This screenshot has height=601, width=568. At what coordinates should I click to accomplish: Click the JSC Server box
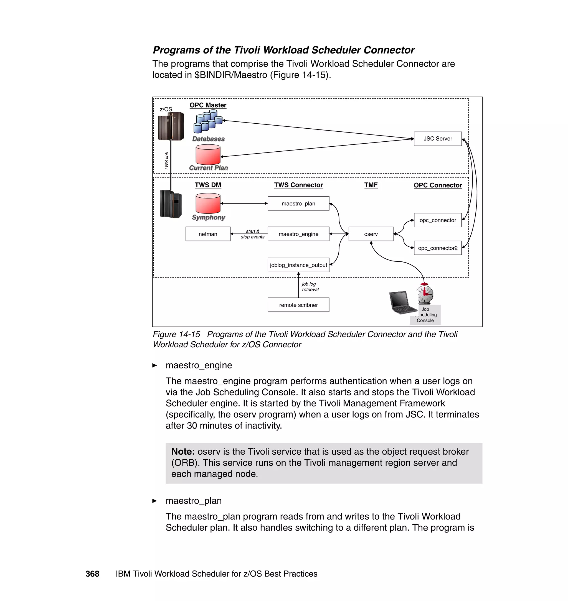click(437, 139)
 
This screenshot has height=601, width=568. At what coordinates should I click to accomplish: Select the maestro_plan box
click(298, 203)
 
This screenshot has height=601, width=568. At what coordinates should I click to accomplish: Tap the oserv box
click(371, 234)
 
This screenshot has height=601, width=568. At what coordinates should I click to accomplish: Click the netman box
click(208, 234)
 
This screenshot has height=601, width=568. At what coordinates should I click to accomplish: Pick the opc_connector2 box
click(437, 248)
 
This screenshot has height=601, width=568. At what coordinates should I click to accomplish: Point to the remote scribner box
click(298, 305)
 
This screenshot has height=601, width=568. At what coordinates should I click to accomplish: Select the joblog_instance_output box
click(298, 265)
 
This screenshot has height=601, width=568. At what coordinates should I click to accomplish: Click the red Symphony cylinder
click(208, 203)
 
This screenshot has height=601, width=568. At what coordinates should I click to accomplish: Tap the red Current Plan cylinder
click(208, 154)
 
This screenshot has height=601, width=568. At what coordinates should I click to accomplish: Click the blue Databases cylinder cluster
click(208, 121)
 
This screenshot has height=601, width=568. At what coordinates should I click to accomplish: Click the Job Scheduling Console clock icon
click(425, 294)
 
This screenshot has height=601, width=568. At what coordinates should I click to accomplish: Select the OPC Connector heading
click(437, 185)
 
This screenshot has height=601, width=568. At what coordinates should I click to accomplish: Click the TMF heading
click(371, 185)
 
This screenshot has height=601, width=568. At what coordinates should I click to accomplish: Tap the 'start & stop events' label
click(252, 234)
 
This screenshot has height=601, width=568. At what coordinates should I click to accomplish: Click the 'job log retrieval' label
click(310, 287)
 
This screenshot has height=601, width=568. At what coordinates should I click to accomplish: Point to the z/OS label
click(166, 109)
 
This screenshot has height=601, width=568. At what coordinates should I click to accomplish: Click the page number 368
click(92, 574)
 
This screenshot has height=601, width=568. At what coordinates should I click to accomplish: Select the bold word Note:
click(183, 452)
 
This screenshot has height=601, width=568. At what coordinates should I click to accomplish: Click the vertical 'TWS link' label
click(166, 161)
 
